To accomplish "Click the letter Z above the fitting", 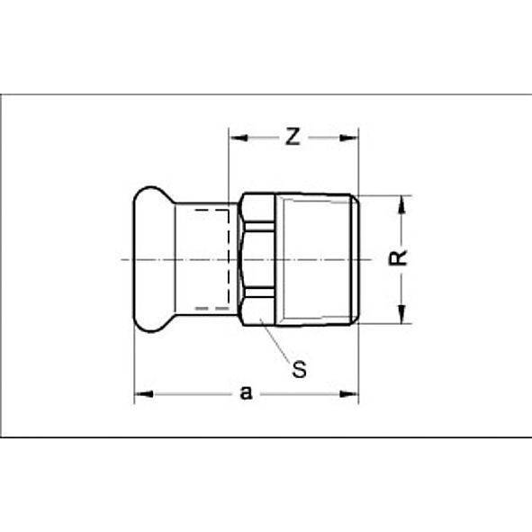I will click(292, 138).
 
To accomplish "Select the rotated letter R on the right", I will click(403, 257).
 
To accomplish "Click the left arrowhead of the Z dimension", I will click(236, 139).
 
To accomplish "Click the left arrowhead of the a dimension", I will click(141, 393).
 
